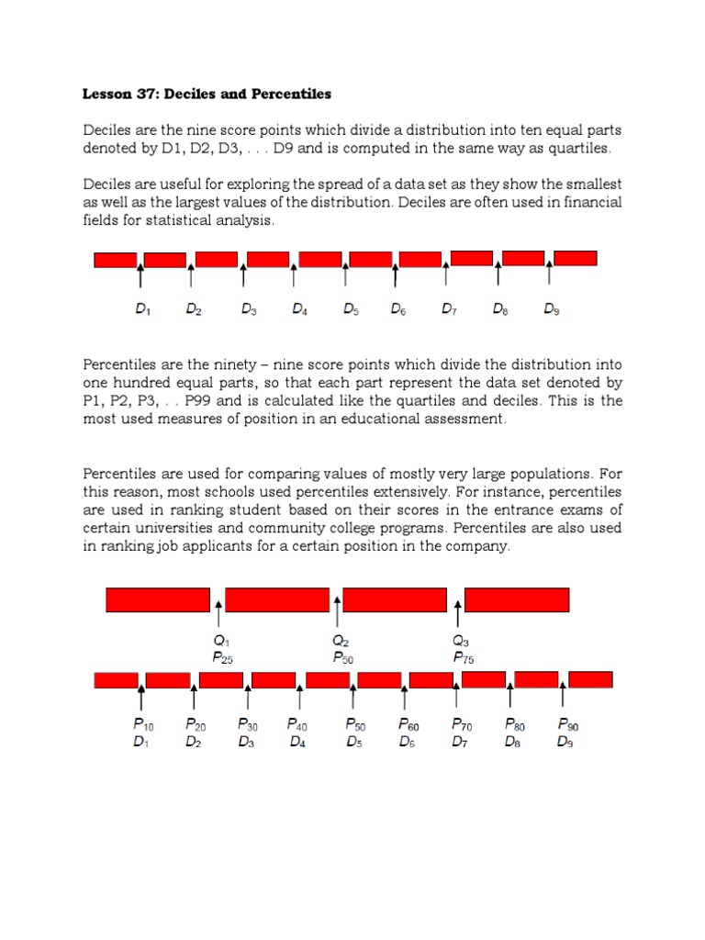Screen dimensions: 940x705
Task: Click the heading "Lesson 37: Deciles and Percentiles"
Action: pos(207,95)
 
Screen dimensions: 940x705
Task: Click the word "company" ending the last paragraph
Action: pos(478,546)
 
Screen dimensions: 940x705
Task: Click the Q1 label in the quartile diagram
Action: pos(220,640)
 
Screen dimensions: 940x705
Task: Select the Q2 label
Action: pos(341,640)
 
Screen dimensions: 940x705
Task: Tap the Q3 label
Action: pos(461,640)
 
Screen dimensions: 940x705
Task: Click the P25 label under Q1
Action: pos(221,657)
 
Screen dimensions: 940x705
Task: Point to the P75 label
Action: pos(463,657)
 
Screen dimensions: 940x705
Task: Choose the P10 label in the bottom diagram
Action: pos(143,724)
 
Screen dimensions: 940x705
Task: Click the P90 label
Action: pos(567,724)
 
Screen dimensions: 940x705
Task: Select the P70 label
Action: pos(462,724)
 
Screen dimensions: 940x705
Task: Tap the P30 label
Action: pos(248,724)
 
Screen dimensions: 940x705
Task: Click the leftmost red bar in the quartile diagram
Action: pos(158,599)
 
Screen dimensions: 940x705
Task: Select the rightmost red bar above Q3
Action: pos(517,599)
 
